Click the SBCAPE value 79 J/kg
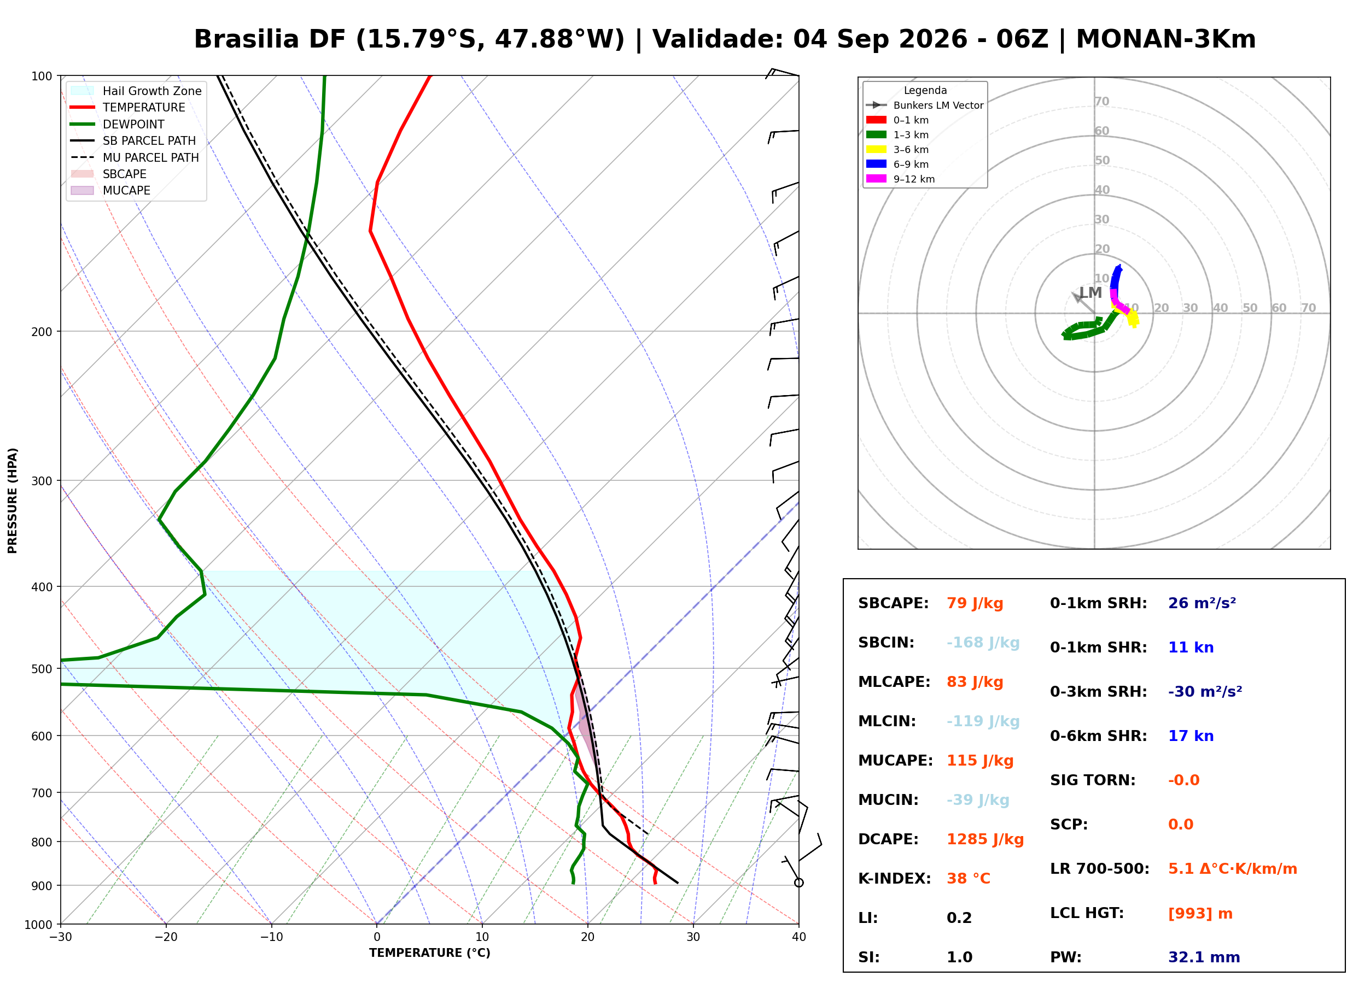975,603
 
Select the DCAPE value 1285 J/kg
985,839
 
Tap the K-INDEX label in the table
894,879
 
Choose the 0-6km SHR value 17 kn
1191,736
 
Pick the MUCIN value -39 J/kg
977,800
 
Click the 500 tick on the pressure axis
42,669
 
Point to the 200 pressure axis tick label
42,332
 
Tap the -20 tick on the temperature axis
166,937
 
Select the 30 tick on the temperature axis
693,937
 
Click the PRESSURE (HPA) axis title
13,501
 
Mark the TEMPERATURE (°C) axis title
430,953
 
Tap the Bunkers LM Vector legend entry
925,105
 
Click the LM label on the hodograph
1090,293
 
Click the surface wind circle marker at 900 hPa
799,883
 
